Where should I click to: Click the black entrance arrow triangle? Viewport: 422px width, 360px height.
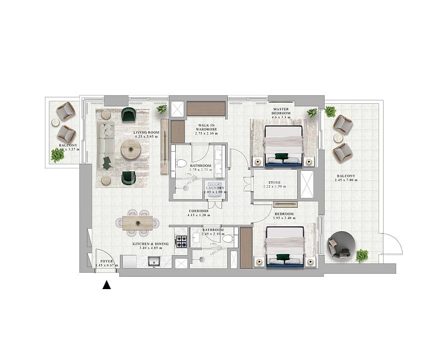coord(106,285)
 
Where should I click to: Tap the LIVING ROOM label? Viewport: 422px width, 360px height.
coord(146,132)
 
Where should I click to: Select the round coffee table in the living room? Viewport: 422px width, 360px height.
coord(131,148)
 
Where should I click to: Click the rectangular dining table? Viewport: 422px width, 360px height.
coord(138,222)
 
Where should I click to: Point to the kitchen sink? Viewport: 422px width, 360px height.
coord(154,261)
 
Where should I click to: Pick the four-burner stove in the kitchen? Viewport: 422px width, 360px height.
coord(181,242)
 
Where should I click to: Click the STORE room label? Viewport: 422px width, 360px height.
coord(274,183)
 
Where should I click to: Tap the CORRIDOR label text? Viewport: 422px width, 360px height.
coord(199,211)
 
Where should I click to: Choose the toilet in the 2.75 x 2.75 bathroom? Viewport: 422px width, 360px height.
coord(181,163)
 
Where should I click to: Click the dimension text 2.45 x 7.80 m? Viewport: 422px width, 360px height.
coord(346,180)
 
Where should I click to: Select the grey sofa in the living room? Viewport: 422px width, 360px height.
coord(106,145)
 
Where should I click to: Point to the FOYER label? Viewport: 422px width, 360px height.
coord(106,261)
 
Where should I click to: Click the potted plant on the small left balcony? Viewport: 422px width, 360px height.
coord(57,156)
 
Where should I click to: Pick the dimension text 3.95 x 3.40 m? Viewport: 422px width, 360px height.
coord(284,218)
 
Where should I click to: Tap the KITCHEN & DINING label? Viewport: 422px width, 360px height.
coord(150,244)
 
